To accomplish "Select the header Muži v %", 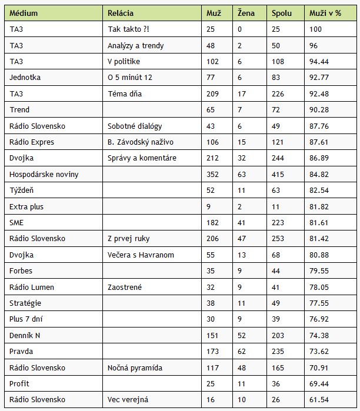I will pyautogui.click(x=325, y=13).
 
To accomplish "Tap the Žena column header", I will pyautogui.click(x=246, y=13).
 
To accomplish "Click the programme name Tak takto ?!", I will pyautogui.click(x=128, y=29).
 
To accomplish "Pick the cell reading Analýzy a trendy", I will pyautogui.click(x=136, y=45).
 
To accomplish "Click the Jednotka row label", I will pyautogui.click(x=25, y=77).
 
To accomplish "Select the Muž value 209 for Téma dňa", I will pyautogui.click(x=214, y=93).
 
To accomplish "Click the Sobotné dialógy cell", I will pyautogui.click(x=135, y=126).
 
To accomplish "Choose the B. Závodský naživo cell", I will pyautogui.click(x=140, y=142).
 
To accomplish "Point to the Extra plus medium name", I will pyautogui.click(x=27, y=206).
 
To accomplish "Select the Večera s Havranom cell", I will pyautogui.click(x=141, y=255).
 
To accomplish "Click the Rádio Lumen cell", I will pyautogui.click(x=32, y=287).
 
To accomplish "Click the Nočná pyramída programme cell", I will pyautogui.click(x=135, y=367).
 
